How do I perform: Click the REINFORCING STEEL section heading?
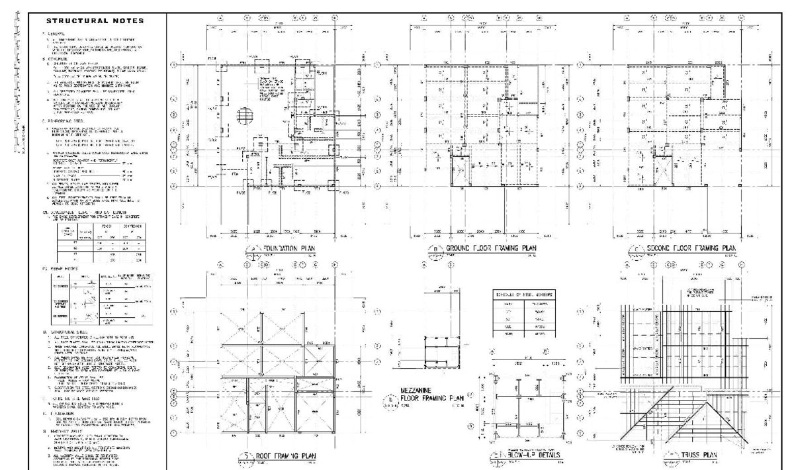point(64,121)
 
